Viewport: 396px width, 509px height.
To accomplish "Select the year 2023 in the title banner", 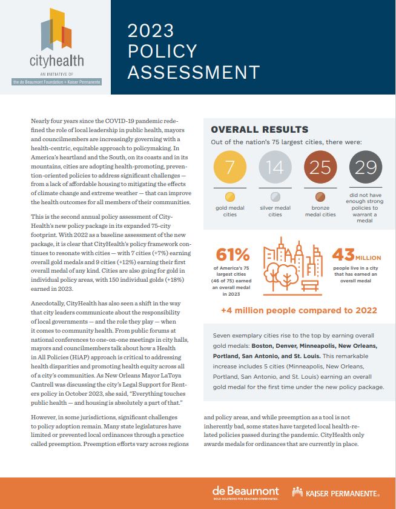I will pyautogui.click(x=150, y=31).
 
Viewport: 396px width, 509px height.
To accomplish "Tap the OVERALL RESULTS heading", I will pyautogui.click(x=259, y=130).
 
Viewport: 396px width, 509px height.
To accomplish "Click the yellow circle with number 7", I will pyautogui.click(x=229, y=168).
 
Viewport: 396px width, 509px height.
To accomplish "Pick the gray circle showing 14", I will pyautogui.click(x=274, y=168).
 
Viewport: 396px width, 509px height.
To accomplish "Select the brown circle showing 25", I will pyautogui.click(x=320, y=168).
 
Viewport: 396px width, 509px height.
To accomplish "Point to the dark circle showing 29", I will pyautogui.click(x=365, y=168).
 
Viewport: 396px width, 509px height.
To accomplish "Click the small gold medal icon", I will pyautogui.click(x=229, y=197).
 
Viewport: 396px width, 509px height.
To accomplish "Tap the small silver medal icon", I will pyautogui.click(x=275, y=197).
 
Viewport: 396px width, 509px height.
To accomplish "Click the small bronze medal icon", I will pyautogui.click(x=320, y=197).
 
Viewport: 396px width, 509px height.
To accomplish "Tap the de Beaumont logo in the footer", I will pyautogui.click(x=245, y=491).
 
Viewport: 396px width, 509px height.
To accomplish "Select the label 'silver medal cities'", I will pyautogui.click(x=275, y=210).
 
